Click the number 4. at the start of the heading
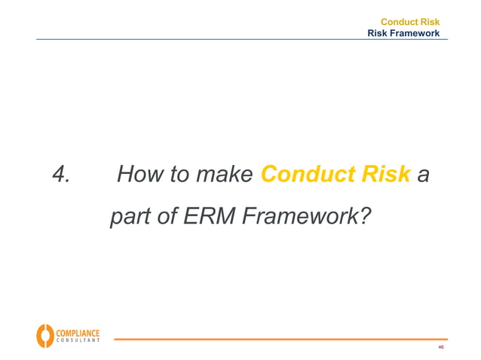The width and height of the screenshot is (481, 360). [x=61, y=175]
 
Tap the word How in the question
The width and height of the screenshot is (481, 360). [x=136, y=175]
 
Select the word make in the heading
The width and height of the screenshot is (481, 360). [x=223, y=175]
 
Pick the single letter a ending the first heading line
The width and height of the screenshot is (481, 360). [x=424, y=176]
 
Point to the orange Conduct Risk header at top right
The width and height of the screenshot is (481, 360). [x=409, y=23]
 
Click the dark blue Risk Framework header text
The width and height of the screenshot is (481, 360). [x=403, y=33]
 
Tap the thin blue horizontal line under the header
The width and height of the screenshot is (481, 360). [x=226, y=40]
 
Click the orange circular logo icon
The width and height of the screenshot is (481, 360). [x=45, y=335]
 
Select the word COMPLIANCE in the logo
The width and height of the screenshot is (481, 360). [x=77, y=331]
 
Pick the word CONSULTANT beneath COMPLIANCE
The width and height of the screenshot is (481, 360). [x=77, y=341]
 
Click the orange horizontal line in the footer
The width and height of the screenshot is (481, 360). [x=279, y=340]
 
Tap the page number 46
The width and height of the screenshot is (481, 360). [x=440, y=347]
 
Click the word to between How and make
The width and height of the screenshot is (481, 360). [x=174, y=175]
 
